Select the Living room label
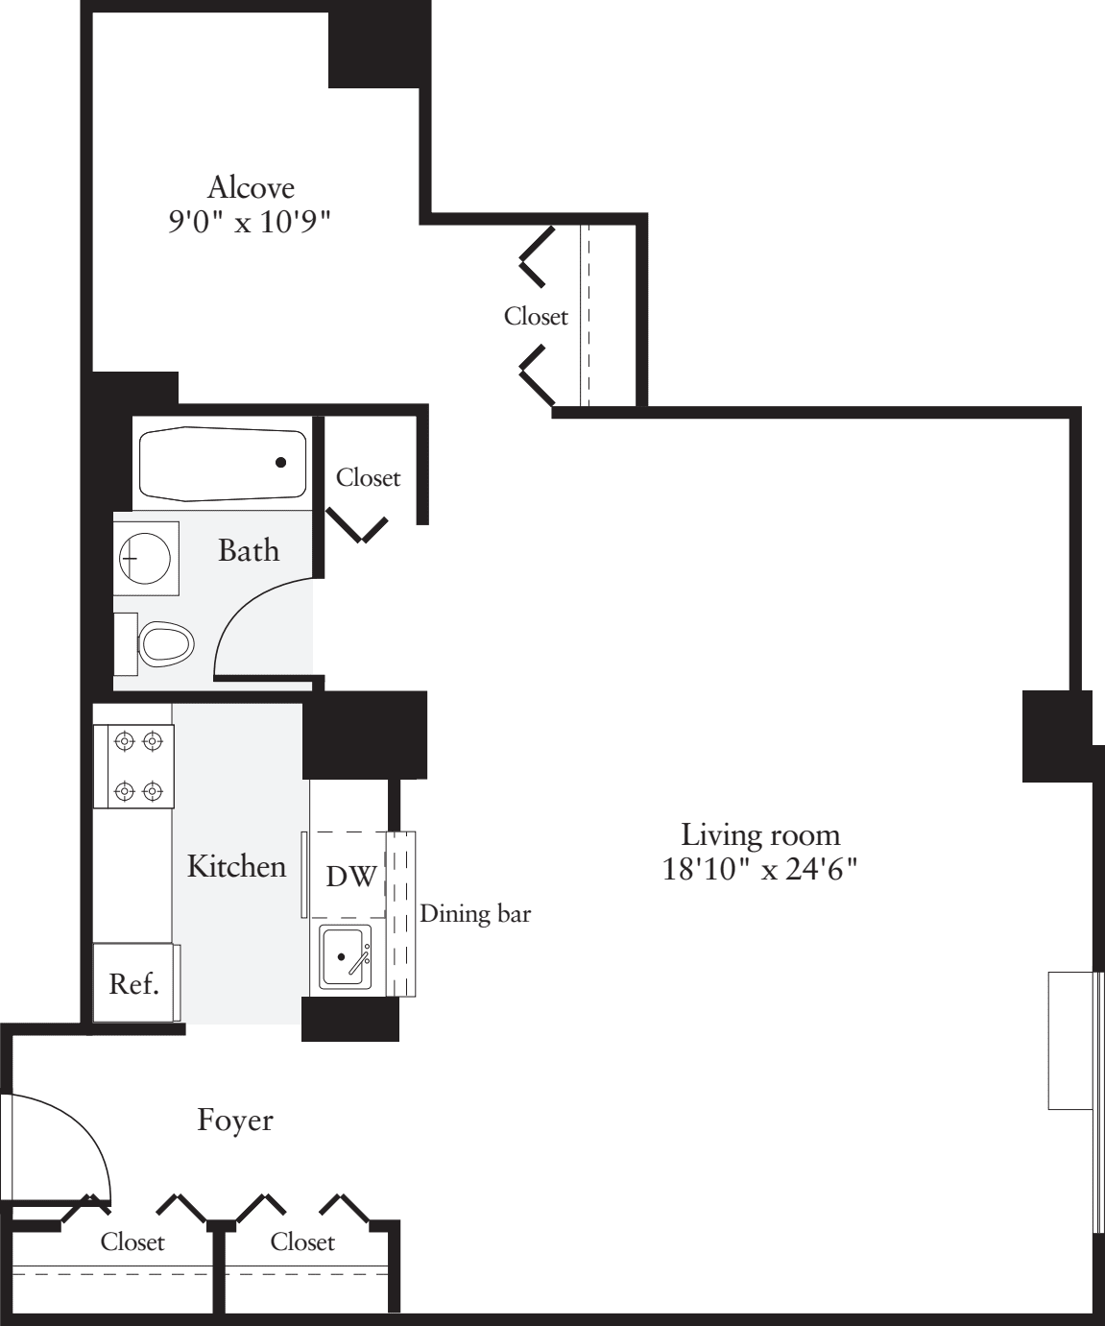point(759,834)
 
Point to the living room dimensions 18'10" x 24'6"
point(759,870)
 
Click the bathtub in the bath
point(223,463)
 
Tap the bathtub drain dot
point(281,463)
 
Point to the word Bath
point(249,550)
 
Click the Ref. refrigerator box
point(134,984)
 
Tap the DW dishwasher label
point(350,877)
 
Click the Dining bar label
point(475,913)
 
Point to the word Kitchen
point(236,866)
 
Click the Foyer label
point(235,1121)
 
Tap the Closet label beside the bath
point(368,477)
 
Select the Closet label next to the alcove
point(536,316)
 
